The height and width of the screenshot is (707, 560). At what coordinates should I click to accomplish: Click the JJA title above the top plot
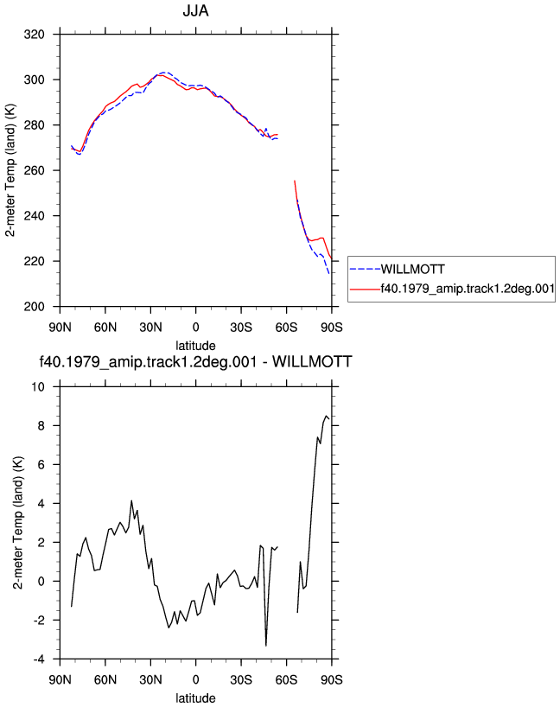click(195, 10)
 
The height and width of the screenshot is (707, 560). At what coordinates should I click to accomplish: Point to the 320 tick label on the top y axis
click(35, 35)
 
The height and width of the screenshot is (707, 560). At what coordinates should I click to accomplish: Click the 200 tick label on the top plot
click(35, 307)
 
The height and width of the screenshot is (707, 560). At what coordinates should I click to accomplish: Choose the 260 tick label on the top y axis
click(35, 170)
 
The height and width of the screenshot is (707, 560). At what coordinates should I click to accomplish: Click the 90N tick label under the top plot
click(60, 328)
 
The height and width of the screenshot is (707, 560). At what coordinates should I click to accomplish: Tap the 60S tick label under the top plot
click(286, 328)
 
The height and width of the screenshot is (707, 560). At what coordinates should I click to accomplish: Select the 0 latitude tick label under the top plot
click(195, 328)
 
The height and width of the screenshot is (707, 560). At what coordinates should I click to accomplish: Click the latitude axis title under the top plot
click(195, 346)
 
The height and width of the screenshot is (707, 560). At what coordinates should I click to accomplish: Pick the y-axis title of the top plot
click(10, 170)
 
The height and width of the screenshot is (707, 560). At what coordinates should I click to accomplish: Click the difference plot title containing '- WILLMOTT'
click(195, 361)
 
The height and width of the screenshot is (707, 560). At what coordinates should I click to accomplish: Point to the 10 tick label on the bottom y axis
click(38, 387)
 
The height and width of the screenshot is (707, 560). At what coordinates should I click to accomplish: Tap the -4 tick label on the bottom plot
click(39, 659)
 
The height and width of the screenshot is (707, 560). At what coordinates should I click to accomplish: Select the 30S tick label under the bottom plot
click(241, 680)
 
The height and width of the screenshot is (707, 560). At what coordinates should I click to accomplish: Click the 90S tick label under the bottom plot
click(332, 680)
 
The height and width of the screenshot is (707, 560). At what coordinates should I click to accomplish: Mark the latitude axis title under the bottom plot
click(195, 698)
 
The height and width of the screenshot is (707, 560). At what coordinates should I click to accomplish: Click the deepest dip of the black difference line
click(266, 646)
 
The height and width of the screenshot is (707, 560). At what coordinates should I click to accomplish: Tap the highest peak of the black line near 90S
click(326, 416)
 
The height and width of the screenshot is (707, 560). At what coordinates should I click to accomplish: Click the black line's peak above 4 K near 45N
click(131, 500)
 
